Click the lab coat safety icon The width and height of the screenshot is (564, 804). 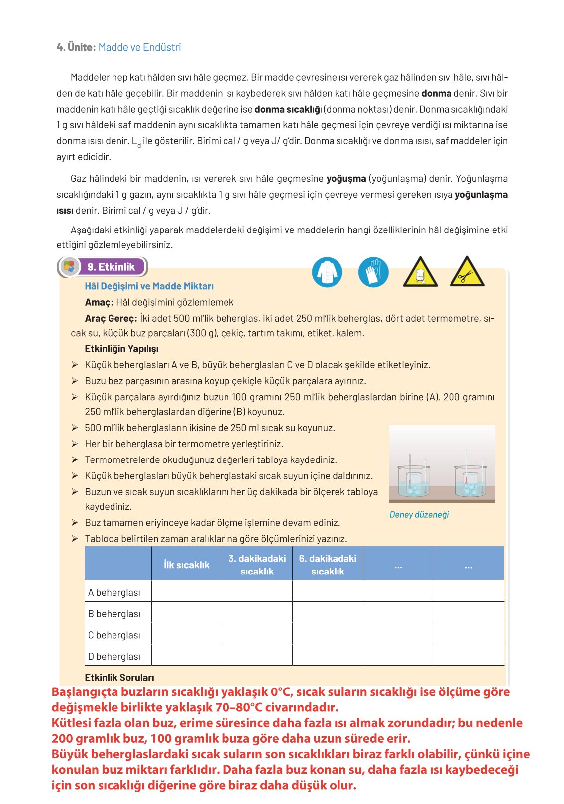click(x=327, y=272)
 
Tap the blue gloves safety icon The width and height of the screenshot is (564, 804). click(x=373, y=272)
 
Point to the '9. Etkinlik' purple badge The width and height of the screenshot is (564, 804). click(x=111, y=267)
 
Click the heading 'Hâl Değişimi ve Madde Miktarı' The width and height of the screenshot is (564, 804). click(x=149, y=286)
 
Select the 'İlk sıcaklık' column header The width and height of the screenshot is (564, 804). click(x=186, y=565)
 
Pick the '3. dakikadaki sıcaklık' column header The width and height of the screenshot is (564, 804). click(x=257, y=565)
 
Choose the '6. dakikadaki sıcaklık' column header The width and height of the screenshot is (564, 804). click(x=328, y=565)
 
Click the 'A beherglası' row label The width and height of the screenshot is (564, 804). click(x=114, y=592)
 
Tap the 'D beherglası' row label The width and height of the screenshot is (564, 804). click(x=114, y=656)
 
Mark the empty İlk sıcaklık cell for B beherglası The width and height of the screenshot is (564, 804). click(x=186, y=613)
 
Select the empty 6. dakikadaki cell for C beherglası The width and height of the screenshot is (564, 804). click(x=328, y=635)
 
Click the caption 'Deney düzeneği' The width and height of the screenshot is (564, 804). click(x=419, y=515)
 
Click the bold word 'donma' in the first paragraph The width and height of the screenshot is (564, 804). click(x=436, y=93)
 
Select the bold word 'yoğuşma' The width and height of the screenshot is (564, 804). click(x=346, y=178)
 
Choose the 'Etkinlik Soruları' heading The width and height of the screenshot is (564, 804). click(x=119, y=678)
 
